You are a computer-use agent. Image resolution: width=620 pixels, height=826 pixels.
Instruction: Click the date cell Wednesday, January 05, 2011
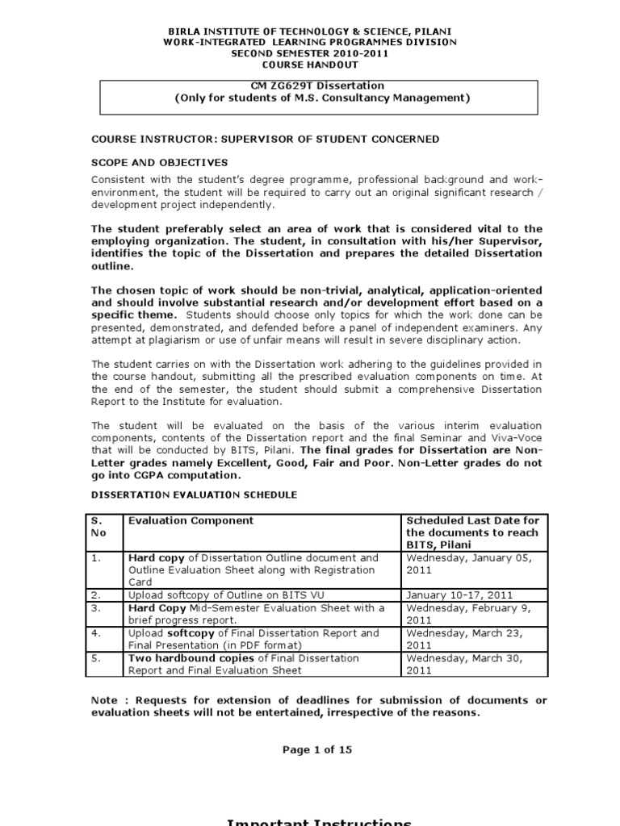click(471, 564)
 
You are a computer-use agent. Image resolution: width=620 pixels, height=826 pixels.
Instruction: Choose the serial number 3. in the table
click(96, 607)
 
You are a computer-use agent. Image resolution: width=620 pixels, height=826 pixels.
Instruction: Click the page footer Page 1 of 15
click(316, 749)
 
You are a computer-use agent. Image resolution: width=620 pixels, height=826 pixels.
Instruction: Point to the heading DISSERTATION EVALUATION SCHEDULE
click(194, 494)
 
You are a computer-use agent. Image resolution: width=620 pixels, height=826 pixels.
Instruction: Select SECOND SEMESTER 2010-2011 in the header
click(309, 53)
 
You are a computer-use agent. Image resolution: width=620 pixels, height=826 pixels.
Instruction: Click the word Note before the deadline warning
click(105, 699)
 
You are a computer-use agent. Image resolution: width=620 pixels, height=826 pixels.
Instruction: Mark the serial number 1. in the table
click(96, 557)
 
